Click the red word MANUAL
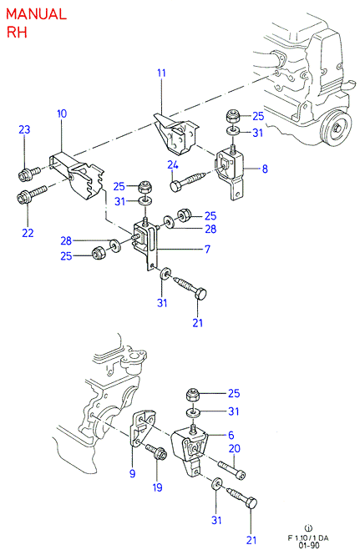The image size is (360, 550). click(36, 14)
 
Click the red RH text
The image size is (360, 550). click(17, 33)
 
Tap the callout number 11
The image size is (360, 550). click(161, 73)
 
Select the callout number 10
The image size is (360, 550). click(62, 114)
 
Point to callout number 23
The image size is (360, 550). click(24, 130)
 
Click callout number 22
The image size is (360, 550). click(28, 233)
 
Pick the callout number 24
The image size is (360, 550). click(173, 165)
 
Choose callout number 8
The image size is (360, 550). click(265, 169)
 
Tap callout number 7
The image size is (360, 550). click(207, 249)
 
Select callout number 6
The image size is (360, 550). click(231, 436)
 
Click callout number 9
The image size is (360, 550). click(132, 473)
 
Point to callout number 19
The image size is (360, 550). click(158, 487)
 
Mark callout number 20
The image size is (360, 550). click(235, 449)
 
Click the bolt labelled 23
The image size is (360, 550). click(29, 174)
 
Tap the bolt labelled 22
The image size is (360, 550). click(31, 194)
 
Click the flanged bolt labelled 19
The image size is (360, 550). click(156, 452)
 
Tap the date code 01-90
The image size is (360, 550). click(309, 546)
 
